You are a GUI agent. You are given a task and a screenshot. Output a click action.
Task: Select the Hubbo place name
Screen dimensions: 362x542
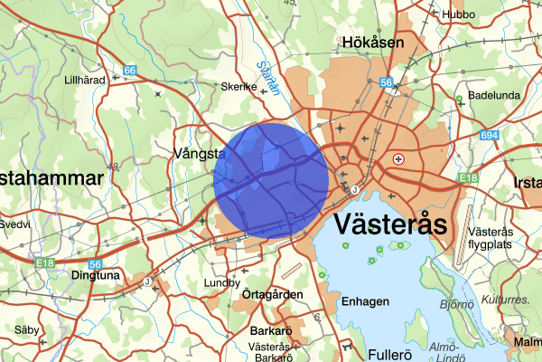click(x=457, y=14)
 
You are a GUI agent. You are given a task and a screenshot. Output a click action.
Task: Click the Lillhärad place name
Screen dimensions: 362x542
click(x=86, y=80)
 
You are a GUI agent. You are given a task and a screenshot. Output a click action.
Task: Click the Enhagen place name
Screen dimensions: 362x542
click(x=367, y=301)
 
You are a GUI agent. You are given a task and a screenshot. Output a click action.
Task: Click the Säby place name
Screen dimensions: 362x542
click(x=27, y=330)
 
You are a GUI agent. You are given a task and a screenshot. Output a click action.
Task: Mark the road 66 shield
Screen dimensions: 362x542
click(x=130, y=70)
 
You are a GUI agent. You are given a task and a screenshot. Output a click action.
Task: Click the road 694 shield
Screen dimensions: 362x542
click(x=490, y=135)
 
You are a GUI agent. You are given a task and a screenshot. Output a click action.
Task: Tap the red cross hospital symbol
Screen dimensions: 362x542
click(x=398, y=158)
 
